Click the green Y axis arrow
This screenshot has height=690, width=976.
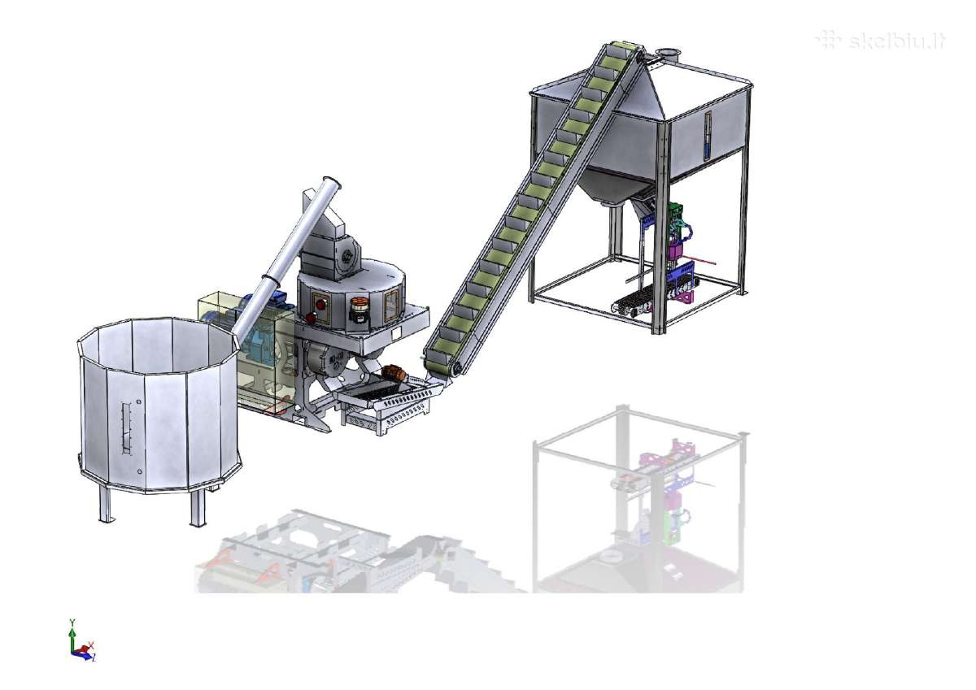[72, 634]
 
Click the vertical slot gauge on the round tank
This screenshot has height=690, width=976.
[126, 428]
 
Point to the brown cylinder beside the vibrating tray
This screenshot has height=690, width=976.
[394, 373]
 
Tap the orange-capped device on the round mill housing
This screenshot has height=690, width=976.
[359, 310]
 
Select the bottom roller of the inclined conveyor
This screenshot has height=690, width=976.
[456, 369]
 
